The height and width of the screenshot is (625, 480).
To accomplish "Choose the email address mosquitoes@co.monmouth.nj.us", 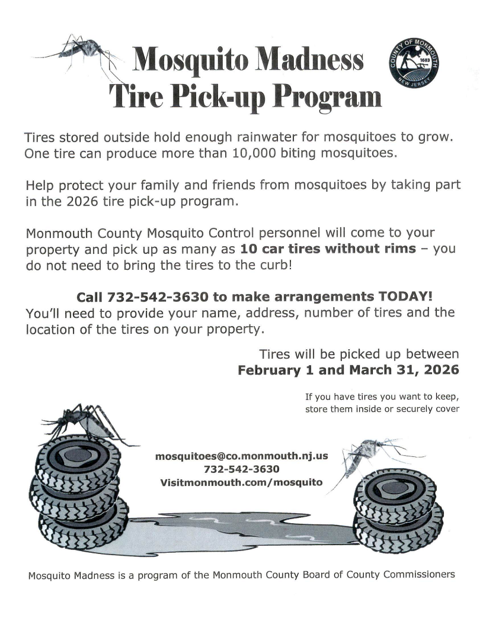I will click(241, 457).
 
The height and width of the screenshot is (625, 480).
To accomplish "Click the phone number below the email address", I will click(241, 469).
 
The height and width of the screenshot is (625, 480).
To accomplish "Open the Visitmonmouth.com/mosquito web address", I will click(241, 482).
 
